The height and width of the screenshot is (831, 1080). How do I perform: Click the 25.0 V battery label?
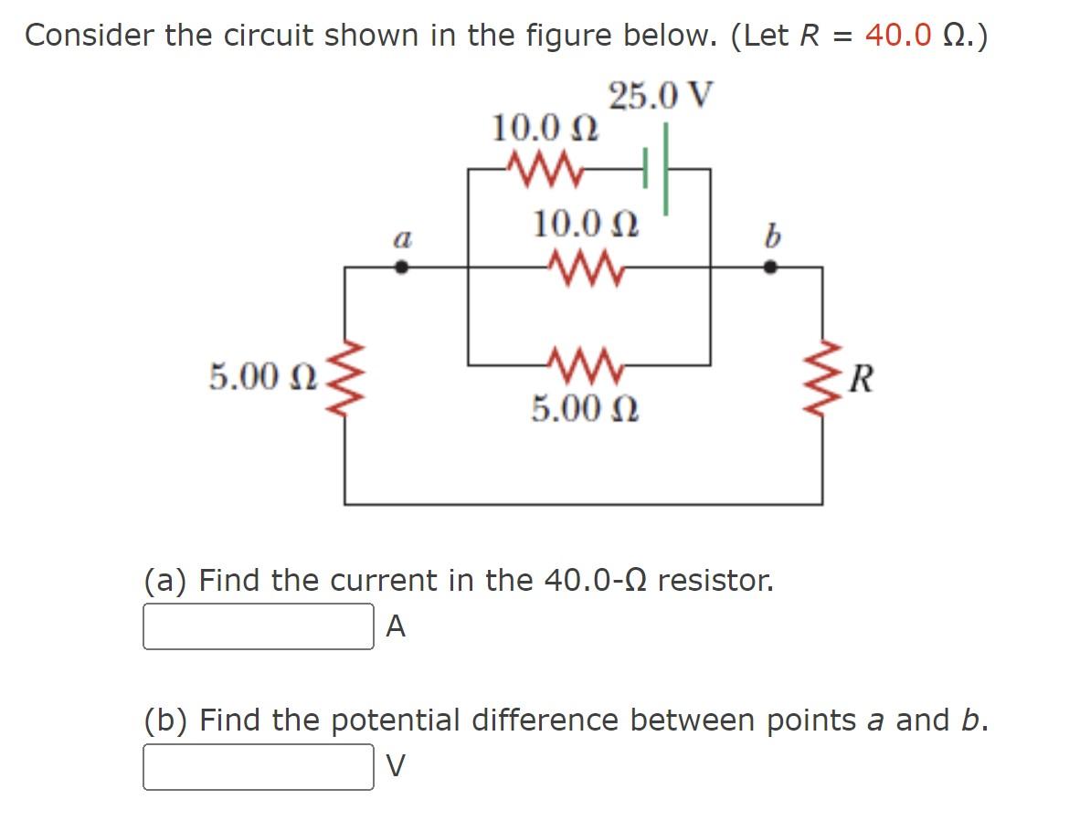tap(661, 96)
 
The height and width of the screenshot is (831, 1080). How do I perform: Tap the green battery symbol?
tap(657, 170)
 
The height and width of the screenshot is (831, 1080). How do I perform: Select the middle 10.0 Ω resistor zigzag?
tap(584, 268)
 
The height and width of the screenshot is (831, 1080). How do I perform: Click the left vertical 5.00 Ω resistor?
tap(344, 378)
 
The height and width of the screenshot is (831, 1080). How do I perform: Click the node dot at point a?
tap(400, 268)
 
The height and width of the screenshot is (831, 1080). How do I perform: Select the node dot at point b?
tap(770, 268)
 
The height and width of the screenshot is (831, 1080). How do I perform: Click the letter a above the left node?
tap(400, 240)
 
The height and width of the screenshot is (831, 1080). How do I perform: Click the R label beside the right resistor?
tap(859, 377)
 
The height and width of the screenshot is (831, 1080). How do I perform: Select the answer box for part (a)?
tap(258, 626)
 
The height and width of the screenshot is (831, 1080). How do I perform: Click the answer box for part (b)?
tap(258, 767)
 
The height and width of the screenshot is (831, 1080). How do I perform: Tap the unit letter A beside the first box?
tap(396, 626)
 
